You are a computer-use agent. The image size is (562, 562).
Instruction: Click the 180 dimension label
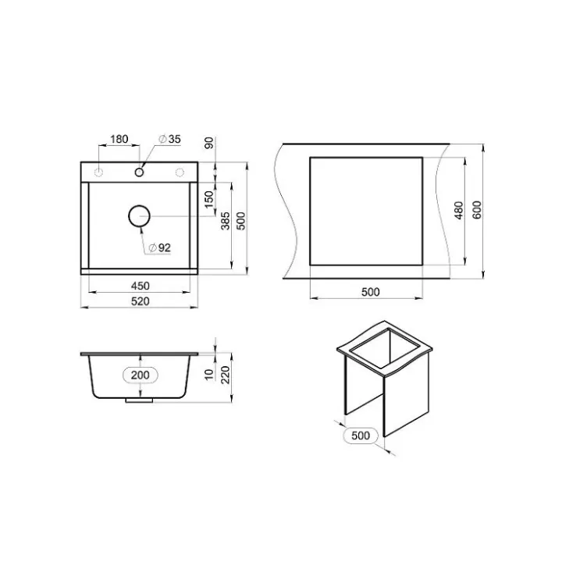[119, 139]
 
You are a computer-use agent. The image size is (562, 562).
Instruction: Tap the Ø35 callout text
[169, 139]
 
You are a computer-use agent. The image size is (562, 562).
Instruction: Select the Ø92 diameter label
[159, 247]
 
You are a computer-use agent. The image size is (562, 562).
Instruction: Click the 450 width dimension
[140, 286]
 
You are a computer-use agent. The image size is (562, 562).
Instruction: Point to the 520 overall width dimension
[140, 301]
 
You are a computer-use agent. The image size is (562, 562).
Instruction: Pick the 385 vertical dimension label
[225, 221]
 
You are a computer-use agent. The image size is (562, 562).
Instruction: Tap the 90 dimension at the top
[209, 143]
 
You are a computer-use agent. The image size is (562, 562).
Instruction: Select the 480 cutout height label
[458, 211]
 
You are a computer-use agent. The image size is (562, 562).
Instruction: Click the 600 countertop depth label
[477, 210]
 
